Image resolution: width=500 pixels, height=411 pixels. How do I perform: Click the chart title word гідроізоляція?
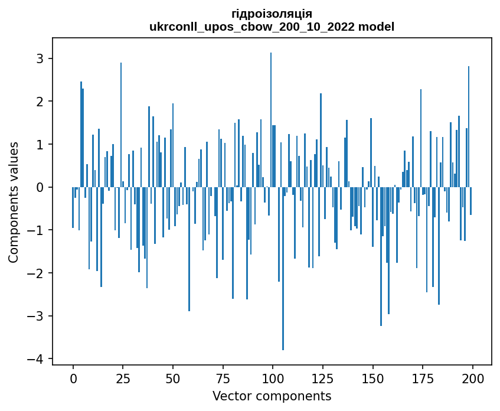tap(272, 14)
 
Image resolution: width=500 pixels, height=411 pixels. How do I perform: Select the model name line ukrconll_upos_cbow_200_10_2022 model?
tap(272, 27)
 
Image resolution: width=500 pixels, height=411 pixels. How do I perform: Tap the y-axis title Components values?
tap(13, 201)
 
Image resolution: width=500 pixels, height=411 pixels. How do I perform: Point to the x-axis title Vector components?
tap(272, 396)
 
